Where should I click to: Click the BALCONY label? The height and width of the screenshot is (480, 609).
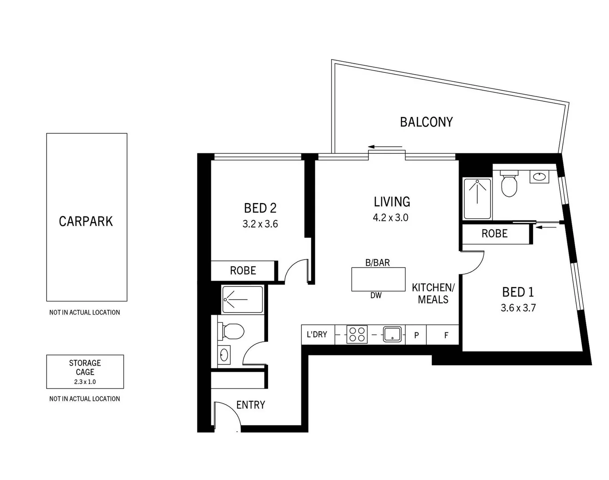click(x=426, y=122)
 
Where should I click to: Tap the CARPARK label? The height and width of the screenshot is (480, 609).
click(x=86, y=221)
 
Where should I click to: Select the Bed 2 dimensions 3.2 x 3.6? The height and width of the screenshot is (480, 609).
click(x=260, y=224)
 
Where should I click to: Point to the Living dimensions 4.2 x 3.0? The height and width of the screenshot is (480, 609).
click(x=391, y=218)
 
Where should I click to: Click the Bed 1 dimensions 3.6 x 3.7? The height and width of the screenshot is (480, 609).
click(x=518, y=308)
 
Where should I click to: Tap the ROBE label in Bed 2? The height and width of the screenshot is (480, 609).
click(x=243, y=271)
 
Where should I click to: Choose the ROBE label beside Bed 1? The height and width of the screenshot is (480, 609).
click(x=494, y=234)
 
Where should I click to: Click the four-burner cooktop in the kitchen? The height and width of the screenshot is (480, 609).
click(x=357, y=335)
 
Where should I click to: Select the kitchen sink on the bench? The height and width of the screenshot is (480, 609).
click(x=392, y=334)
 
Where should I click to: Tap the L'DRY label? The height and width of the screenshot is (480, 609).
click(x=317, y=334)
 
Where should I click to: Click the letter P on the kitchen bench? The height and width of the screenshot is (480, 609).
click(x=416, y=335)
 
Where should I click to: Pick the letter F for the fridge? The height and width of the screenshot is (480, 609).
click(x=446, y=335)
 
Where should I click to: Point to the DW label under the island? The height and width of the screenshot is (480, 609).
click(x=376, y=295)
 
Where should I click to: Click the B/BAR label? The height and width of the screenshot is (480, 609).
click(x=377, y=263)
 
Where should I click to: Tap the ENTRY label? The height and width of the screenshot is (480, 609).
click(x=250, y=405)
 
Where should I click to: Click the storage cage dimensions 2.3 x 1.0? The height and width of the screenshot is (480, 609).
click(x=85, y=382)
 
